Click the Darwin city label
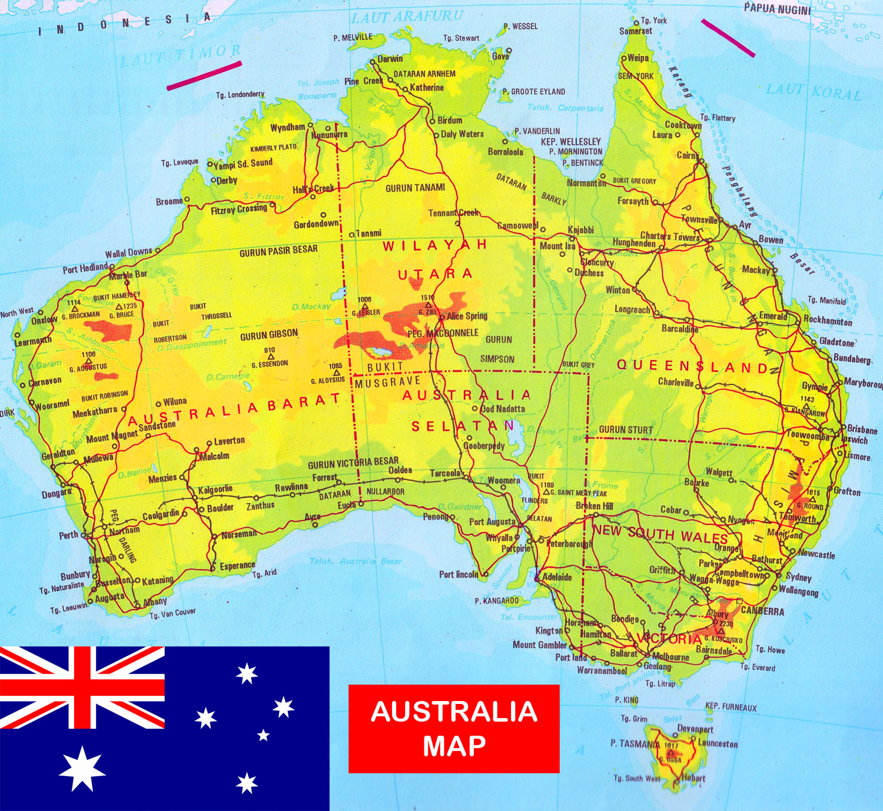[390, 59]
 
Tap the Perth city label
[68, 535]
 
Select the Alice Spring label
[467, 316]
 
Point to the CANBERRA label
[762, 611]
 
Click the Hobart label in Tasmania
[693, 778]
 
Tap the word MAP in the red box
[454, 746]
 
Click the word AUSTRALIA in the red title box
[454, 712]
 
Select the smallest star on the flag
[264, 735]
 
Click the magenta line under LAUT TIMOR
[204, 76]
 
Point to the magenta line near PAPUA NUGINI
[728, 38]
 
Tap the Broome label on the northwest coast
[169, 202]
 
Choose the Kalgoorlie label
[215, 489]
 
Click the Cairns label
[687, 156]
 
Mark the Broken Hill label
[595, 506]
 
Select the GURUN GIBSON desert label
[269, 335]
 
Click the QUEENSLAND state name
[692, 366]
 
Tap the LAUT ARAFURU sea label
[407, 16]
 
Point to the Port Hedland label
[85, 269]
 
